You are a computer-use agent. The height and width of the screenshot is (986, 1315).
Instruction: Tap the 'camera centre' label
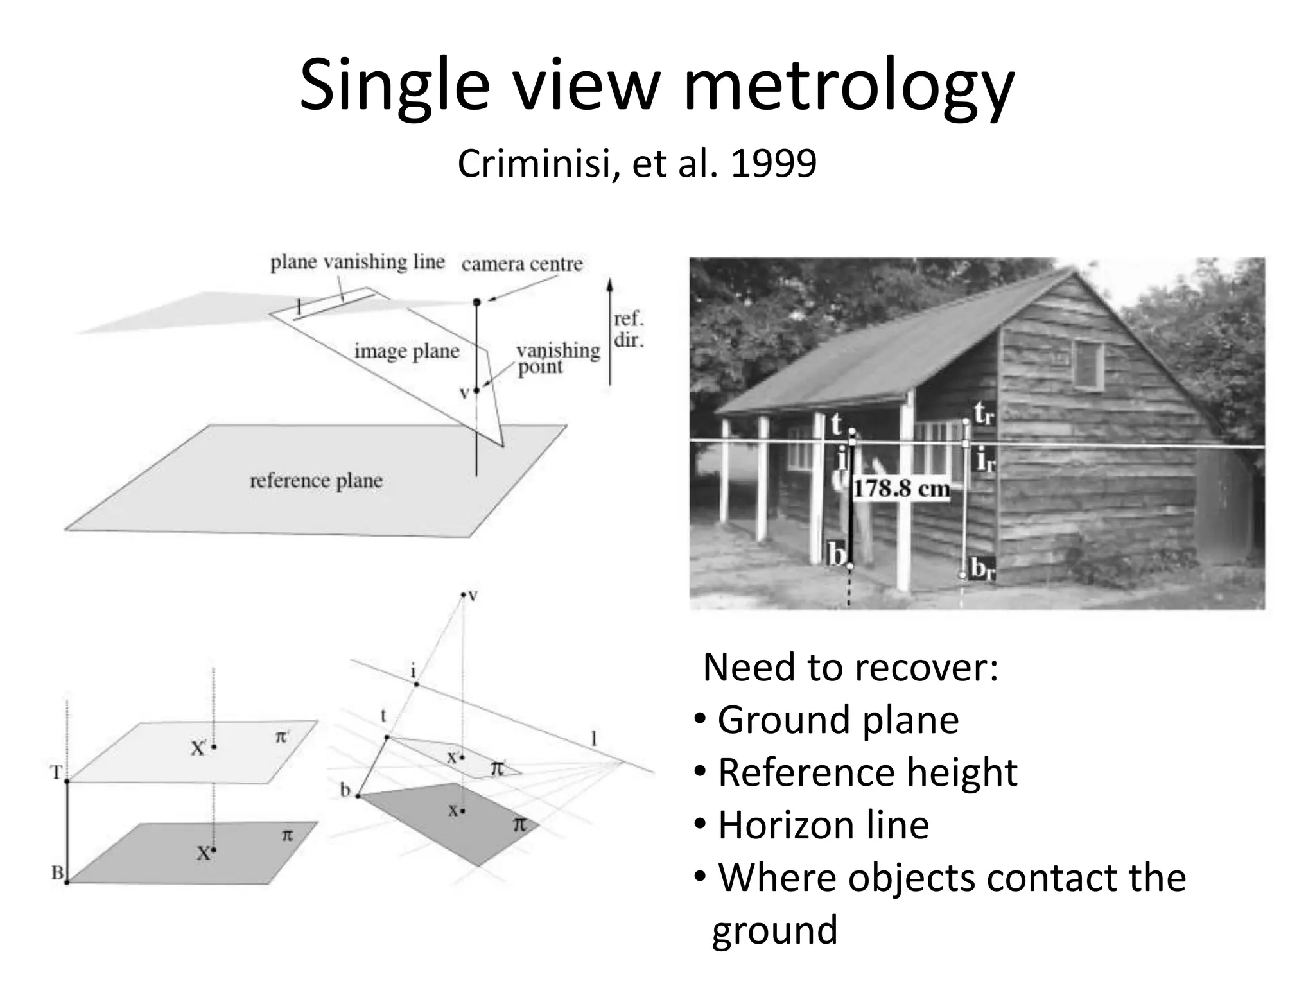coord(522,264)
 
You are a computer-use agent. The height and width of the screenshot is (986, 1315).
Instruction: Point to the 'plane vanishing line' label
coord(357,262)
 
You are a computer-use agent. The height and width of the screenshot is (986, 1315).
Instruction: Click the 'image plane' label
coord(406,351)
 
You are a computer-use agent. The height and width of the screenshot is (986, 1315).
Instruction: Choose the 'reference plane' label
coord(316,481)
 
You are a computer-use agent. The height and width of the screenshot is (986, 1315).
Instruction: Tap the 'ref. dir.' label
coord(628,329)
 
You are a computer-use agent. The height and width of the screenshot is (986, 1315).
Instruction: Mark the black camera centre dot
coord(476,302)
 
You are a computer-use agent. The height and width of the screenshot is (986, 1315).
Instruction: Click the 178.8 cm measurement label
coord(901,489)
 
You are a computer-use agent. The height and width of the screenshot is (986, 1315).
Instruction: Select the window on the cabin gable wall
coord(1088,364)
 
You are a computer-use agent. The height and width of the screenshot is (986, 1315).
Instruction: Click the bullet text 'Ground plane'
coord(838,720)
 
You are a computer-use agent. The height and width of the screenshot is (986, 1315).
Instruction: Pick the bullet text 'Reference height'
coord(867,772)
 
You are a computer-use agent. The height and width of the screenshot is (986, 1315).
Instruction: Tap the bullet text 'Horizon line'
coord(823,825)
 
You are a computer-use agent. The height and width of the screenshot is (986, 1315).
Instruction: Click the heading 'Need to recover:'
coord(851,668)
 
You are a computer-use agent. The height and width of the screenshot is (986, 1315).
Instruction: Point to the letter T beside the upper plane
coord(57,772)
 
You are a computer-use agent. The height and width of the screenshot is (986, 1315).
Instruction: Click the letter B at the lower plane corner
coord(57,873)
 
